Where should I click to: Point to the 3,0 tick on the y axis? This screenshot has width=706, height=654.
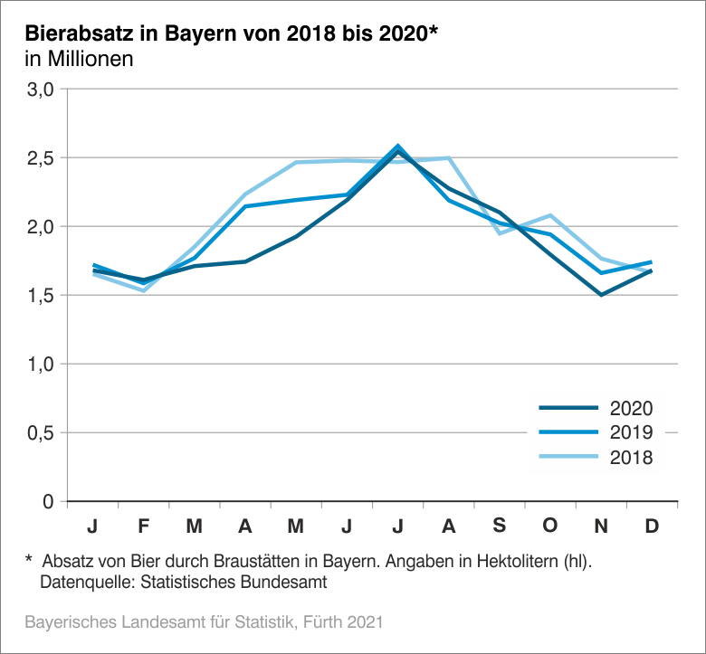(43, 90)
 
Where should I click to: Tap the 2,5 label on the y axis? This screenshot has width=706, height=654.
(43, 158)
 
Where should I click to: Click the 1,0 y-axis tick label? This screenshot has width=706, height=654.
(43, 364)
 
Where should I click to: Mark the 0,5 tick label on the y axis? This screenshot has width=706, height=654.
(43, 432)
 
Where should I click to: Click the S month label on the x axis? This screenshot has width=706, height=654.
(500, 526)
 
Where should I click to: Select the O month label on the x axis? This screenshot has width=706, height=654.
(550, 526)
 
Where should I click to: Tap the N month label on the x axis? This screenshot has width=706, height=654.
(601, 526)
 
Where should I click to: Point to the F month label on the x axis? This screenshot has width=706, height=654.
(144, 526)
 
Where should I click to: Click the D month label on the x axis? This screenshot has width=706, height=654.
(652, 526)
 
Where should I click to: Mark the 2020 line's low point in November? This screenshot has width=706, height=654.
(601, 295)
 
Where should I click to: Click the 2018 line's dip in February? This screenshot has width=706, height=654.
(144, 290)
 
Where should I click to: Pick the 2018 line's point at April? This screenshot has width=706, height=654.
(245, 194)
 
